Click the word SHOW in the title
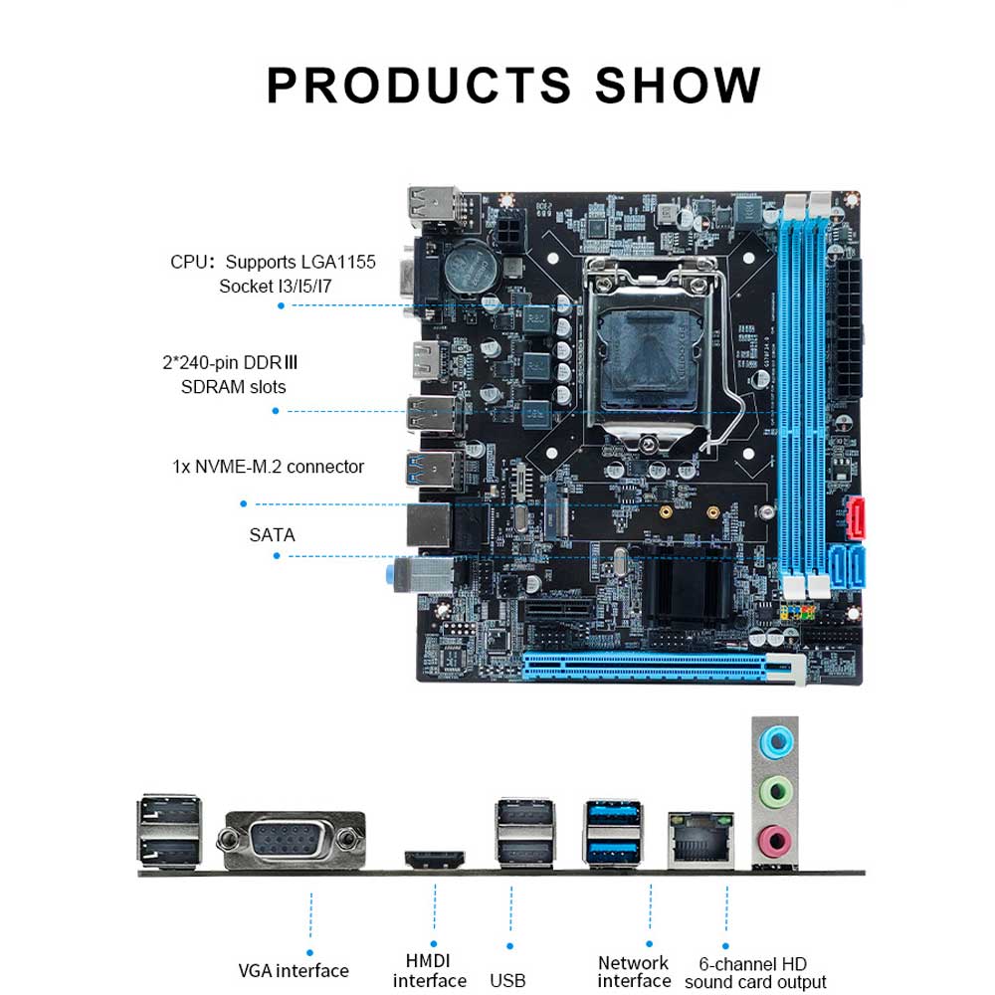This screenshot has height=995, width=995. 677,85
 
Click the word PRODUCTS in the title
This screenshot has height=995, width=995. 419,85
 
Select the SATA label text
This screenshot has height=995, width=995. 272,535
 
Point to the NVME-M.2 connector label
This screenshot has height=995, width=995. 268,467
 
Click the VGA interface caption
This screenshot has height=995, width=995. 294,971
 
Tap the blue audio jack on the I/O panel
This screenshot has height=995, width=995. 775,742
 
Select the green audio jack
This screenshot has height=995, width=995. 775,792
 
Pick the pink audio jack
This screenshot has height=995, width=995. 775,842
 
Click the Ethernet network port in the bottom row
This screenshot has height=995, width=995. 700,840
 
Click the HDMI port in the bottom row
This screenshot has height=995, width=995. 435,860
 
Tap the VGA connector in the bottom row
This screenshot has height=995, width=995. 292,840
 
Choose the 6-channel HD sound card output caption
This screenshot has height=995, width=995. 755,973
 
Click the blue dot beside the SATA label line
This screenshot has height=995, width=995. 277,556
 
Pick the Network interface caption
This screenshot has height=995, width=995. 634,971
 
